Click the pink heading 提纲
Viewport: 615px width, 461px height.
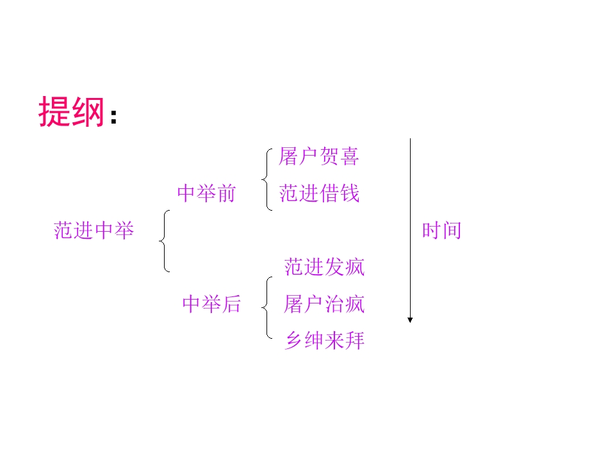point(71,112)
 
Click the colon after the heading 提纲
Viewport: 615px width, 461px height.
point(113,117)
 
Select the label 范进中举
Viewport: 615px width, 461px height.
point(94,230)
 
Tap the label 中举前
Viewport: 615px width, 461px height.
point(206,193)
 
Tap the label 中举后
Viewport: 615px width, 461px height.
point(211,304)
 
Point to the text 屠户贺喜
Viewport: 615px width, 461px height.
point(319,157)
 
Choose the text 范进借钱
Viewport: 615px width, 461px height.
point(319,193)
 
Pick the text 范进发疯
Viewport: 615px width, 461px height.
point(324,267)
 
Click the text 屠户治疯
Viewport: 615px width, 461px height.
point(324,304)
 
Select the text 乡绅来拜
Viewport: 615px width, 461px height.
point(324,341)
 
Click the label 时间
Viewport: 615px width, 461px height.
point(441,230)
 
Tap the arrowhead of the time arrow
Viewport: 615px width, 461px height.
point(410,319)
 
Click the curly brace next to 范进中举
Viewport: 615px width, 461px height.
point(164,241)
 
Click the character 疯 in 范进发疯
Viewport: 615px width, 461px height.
point(354,267)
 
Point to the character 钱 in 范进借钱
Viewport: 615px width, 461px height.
point(350,193)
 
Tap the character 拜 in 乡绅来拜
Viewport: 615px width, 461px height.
point(354,341)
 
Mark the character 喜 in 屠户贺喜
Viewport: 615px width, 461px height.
point(350,157)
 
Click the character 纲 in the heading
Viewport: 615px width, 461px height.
point(87,112)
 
